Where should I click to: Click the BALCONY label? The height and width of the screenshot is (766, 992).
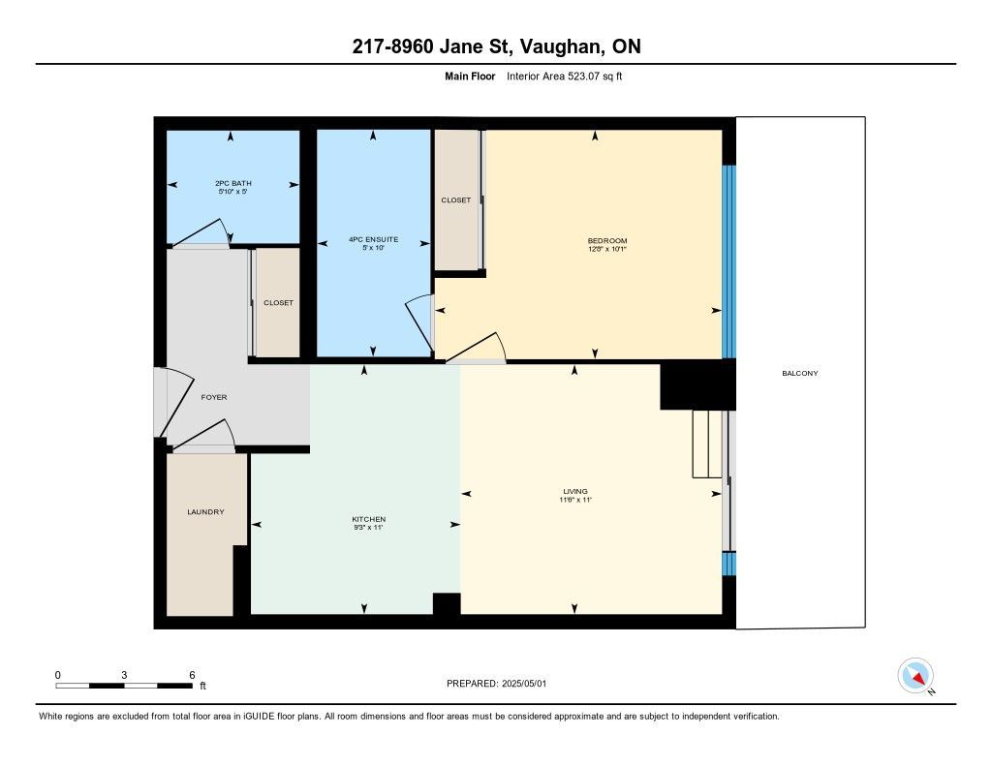click(799, 373)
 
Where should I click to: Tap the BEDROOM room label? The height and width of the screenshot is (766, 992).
click(607, 240)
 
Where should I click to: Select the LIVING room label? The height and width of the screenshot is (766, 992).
click(575, 492)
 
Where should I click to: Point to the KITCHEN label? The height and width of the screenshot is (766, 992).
click(369, 519)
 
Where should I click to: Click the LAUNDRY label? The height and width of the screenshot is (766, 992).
click(205, 511)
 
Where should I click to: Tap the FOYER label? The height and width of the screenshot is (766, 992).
click(214, 397)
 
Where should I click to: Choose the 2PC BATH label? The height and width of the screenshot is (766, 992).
click(233, 183)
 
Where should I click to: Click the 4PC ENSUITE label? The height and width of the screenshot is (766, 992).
click(373, 239)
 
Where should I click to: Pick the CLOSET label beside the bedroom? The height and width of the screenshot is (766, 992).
click(456, 199)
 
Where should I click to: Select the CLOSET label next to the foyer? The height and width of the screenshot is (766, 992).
click(278, 303)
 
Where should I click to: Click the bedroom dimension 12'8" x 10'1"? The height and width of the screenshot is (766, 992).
click(607, 249)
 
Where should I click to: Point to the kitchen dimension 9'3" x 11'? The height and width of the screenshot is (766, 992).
click(369, 528)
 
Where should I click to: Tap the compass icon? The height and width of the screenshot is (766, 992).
click(916, 676)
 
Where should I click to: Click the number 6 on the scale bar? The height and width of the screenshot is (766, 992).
click(192, 675)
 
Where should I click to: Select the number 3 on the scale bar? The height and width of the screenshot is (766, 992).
click(124, 675)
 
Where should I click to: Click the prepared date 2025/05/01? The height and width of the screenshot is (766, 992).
click(524, 683)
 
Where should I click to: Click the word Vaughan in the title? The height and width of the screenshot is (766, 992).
click(560, 46)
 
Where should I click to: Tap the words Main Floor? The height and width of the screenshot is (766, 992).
click(470, 77)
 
